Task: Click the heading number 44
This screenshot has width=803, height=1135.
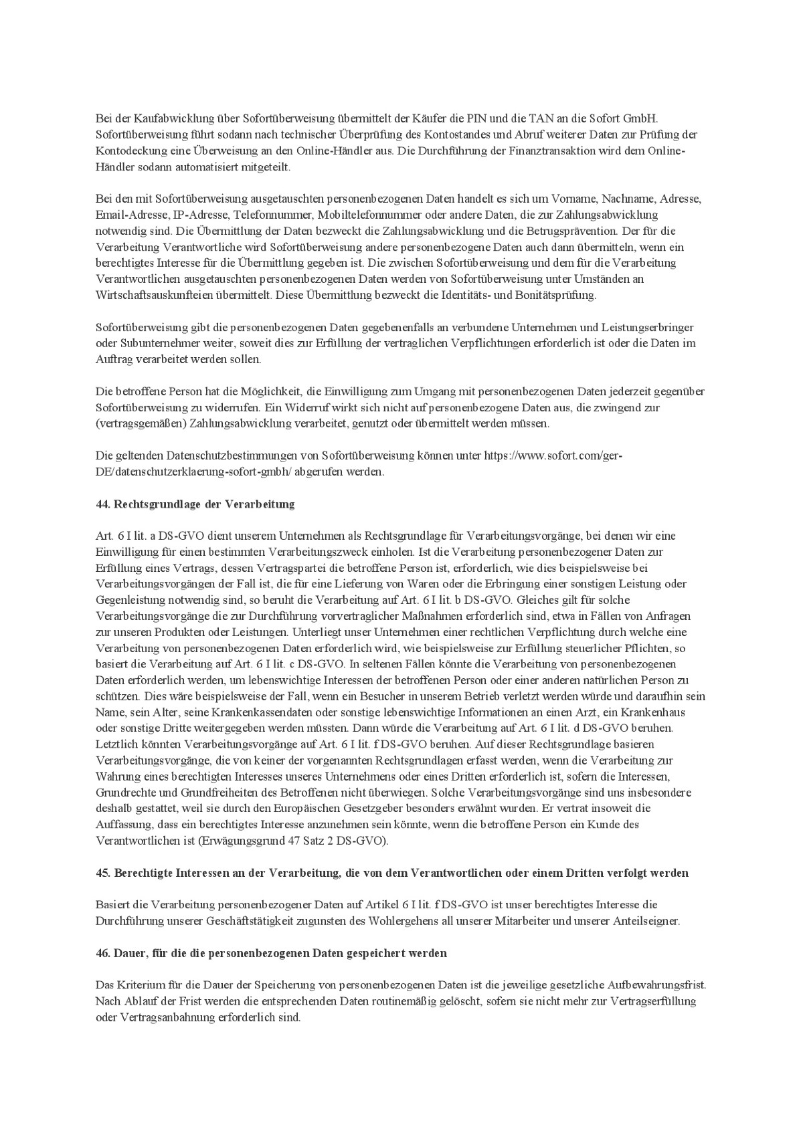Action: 103,504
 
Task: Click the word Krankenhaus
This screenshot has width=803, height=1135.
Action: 675,712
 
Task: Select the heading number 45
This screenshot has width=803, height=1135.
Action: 103,873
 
